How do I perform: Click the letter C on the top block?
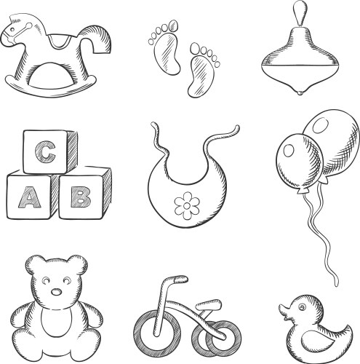pyautogui.click(x=45, y=152)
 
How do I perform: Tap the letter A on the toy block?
pyautogui.click(x=29, y=197)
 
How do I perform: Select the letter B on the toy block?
pyautogui.click(x=81, y=197)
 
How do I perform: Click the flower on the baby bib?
pyautogui.click(x=187, y=205)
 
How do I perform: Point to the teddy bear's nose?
pyautogui.click(x=57, y=292)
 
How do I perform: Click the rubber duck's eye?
pyautogui.click(x=302, y=307)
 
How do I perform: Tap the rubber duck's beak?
pyautogui.click(x=284, y=312)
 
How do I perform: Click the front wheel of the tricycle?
pyautogui.click(x=157, y=331)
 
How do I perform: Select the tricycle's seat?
pyautogui.click(x=209, y=305)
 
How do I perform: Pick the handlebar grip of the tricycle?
pyautogui.click(x=180, y=279)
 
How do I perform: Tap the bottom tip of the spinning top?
pyautogui.click(x=300, y=92)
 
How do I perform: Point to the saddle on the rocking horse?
pyautogui.click(x=60, y=41)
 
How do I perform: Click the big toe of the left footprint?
pyautogui.click(x=173, y=25)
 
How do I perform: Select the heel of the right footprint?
pyautogui.click(x=195, y=90)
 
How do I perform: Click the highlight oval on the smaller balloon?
pyautogui.click(x=289, y=150)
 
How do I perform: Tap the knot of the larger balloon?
pyautogui.click(x=324, y=180)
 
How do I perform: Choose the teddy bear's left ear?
pyautogui.click(x=34, y=264)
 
